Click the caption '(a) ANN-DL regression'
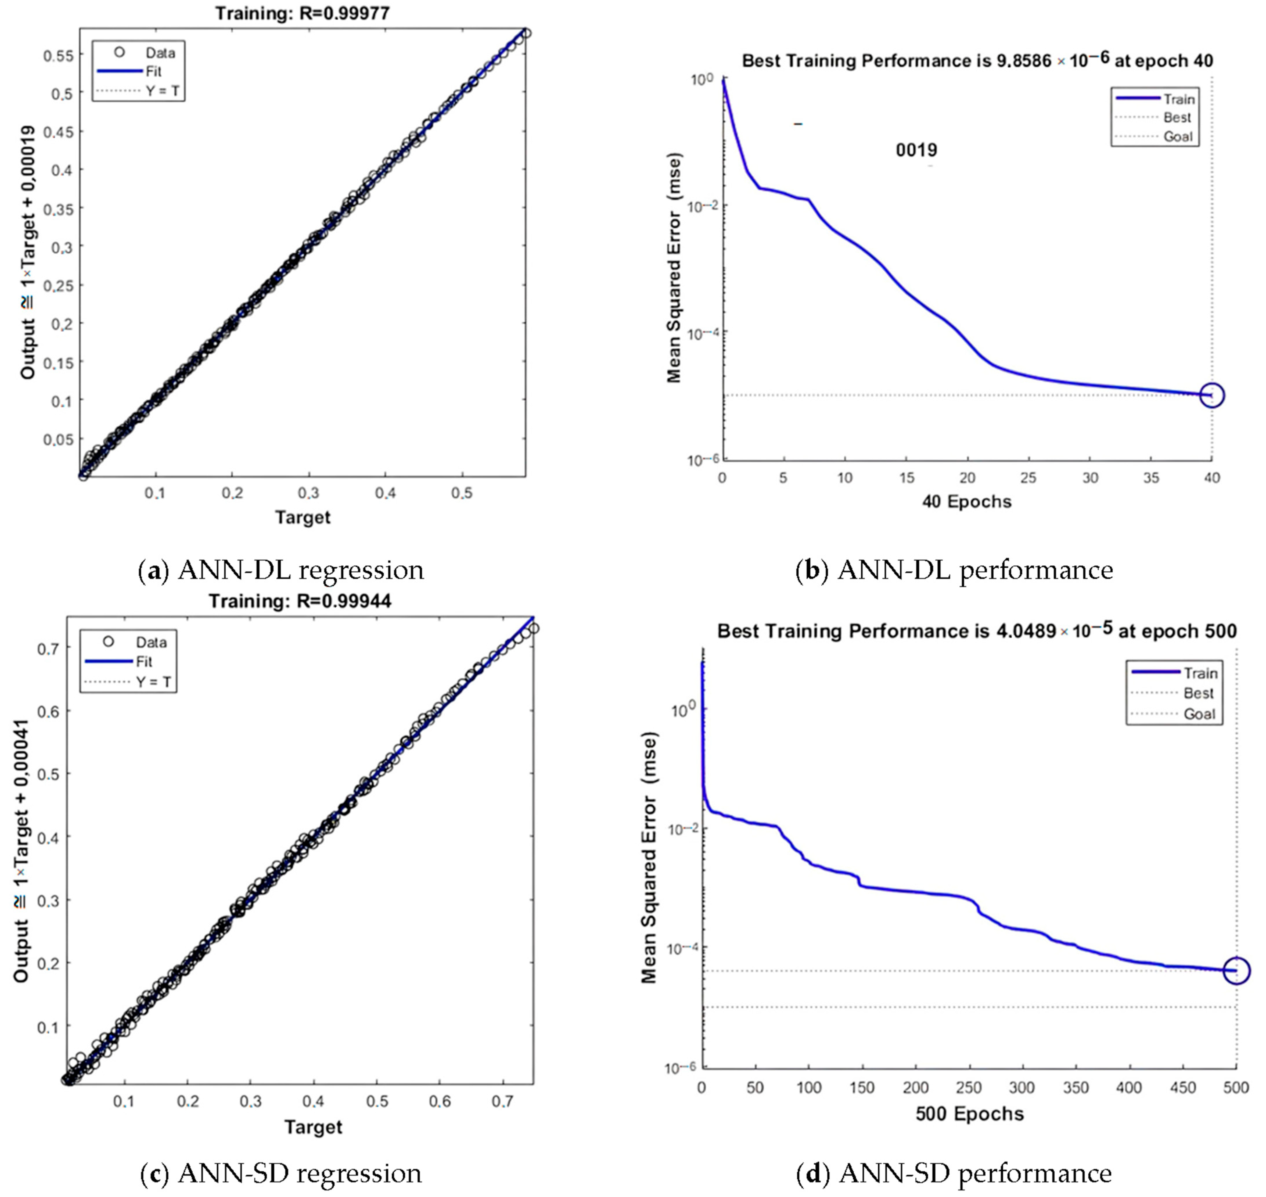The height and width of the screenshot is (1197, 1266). click(x=281, y=570)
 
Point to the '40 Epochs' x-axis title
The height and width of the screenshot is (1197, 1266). click(x=966, y=502)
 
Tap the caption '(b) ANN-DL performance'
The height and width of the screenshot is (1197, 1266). click(x=954, y=570)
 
